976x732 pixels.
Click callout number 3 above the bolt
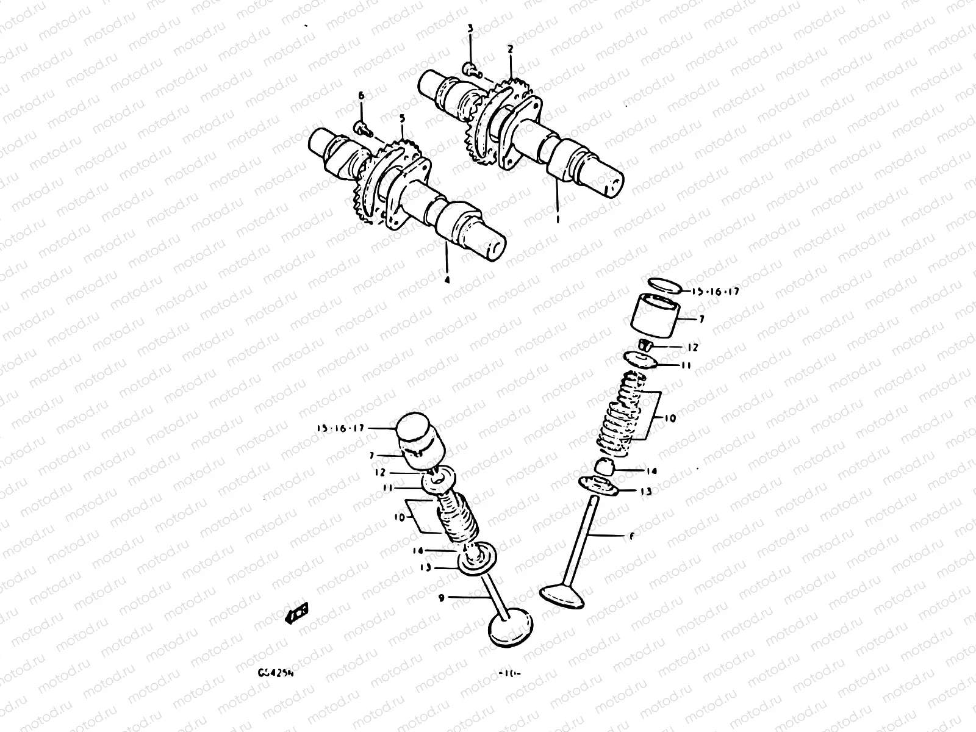click(470, 29)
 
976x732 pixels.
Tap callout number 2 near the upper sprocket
click(510, 48)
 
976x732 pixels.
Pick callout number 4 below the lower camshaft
click(447, 280)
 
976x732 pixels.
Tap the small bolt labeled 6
click(361, 127)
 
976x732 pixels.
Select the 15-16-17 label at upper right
click(716, 292)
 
